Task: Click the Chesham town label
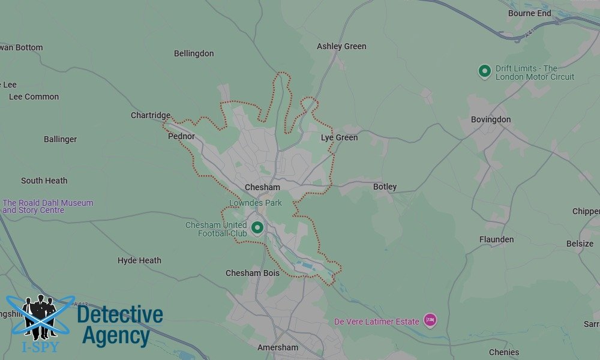coord(262,187)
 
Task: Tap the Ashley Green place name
coord(341,46)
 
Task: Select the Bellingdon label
coord(194,53)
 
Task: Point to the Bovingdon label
coord(491,119)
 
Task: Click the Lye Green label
coord(339,137)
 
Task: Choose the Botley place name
coord(385,187)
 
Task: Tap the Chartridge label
coord(151,115)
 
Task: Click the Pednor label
coord(181,136)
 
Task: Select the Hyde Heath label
coord(139,260)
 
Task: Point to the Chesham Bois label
coord(253,273)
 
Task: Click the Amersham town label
coord(278,347)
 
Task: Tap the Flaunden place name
coord(496,239)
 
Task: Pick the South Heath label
coord(44,181)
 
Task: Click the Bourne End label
coord(529,13)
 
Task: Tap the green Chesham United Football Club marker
coord(257,227)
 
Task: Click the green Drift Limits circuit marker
coord(484,71)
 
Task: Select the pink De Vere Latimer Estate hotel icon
coord(430,320)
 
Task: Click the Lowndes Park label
coord(256,203)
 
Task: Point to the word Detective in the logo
coord(120,314)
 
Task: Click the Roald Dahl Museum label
coord(48,206)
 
